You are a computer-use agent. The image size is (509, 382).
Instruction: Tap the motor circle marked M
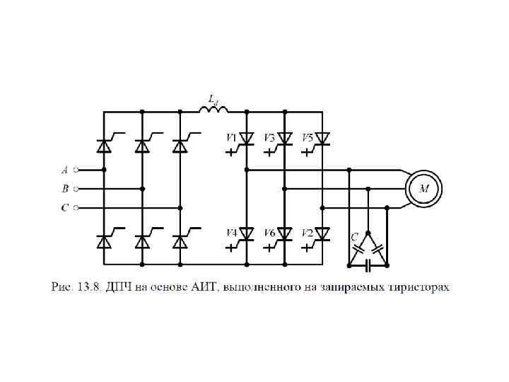pyautogui.click(x=424, y=188)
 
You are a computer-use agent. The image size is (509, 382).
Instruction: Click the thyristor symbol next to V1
pyautogui.click(x=246, y=138)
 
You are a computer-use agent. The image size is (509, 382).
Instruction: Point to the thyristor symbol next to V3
pyautogui.click(x=284, y=138)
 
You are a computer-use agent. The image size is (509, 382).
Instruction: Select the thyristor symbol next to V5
pyautogui.click(x=322, y=138)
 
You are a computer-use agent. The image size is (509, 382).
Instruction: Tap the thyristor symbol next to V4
pyautogui.click(x=246, y=233)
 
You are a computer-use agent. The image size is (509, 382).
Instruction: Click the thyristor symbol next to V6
pyautogui.click(x=284, y=233)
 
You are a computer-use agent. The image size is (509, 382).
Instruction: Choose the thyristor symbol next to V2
pyautogui.click(x=322, y=233)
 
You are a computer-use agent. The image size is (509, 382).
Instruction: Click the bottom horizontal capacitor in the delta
pyautogui.click(x=368, y=267)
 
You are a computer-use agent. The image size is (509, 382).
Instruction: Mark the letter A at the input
pyautogui.click(x=64, y=170)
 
